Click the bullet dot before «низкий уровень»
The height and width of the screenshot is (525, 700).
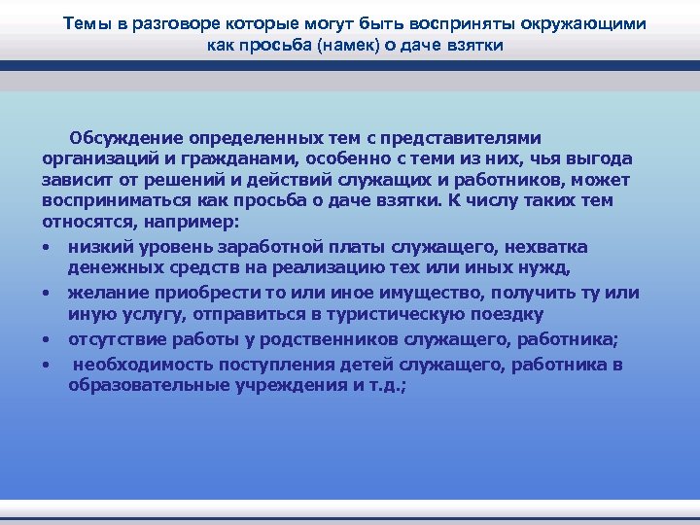click(47, 245)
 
